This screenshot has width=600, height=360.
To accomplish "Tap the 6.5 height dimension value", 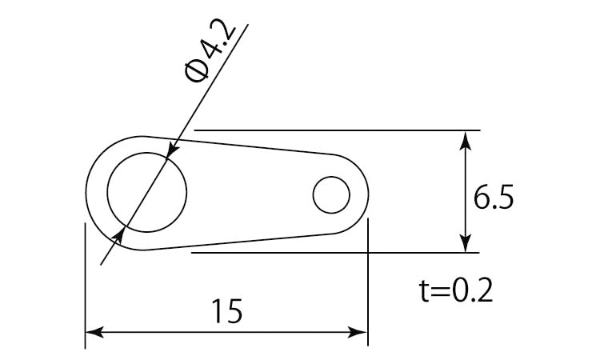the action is coord(494,198).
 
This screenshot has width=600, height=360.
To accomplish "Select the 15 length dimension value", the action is coord(227,311).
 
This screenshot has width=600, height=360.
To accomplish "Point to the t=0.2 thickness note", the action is coord(456,291).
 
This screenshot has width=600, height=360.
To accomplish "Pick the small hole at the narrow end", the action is coord(331,194).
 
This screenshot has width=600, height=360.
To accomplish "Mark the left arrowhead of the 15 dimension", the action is coord(94,332).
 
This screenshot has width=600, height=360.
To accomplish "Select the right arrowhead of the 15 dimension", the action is coord(358,332).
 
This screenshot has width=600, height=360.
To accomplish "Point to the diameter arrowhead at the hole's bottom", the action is coord(118,236).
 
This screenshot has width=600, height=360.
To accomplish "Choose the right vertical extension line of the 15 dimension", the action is coord(368,282).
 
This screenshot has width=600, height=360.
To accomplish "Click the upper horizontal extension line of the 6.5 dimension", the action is coord(337,130).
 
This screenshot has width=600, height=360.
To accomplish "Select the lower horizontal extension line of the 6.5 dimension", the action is coord(335,253).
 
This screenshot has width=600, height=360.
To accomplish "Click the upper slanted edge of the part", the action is coord(240,146).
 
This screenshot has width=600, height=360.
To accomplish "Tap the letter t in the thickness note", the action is coord(424,291).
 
